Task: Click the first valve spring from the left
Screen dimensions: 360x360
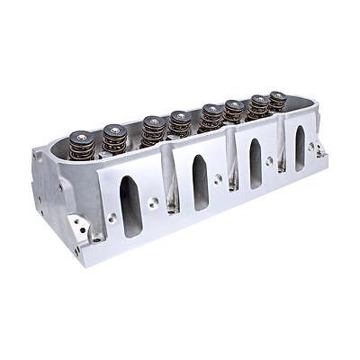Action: click(82, 146)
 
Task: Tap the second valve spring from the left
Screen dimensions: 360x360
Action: click(114, 139)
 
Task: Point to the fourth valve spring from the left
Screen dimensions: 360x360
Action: click(180, 125)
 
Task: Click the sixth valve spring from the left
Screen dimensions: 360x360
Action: click(234, 112)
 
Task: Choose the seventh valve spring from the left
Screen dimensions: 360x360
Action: click(259, 106)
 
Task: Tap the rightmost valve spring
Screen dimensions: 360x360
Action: click(277, 101)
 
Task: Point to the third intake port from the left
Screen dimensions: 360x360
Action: click(256, 163)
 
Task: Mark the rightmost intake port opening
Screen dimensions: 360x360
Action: click(300, 148)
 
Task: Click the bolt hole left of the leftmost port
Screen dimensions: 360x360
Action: click(112, 217)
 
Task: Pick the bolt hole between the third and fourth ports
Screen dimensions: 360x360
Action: click(277, 159)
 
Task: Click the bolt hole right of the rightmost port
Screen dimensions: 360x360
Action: click(311, 145)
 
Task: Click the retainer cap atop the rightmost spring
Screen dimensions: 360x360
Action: click(277, 94)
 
